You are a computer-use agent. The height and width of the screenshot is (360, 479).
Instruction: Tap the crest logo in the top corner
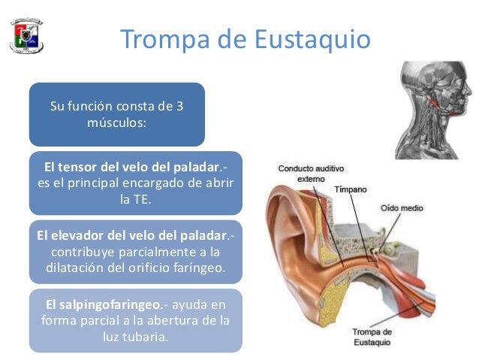[26, 35]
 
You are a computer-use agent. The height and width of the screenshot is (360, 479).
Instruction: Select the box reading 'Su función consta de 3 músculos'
[116, 114]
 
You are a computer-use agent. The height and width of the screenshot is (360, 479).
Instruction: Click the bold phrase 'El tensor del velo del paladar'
[132, 166]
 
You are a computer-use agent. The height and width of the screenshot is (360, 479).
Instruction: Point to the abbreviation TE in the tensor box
[143, 200]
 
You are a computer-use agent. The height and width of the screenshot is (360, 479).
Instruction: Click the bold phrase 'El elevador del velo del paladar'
[132, 234]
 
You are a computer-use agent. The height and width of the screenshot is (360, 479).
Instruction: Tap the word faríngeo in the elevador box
[198, 268]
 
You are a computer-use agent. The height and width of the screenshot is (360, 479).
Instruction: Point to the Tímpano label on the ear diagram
[351, 189]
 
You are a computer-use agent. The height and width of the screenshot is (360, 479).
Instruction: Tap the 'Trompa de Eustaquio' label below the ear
[373, 336]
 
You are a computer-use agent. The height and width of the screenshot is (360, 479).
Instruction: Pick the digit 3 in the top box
[179, 106]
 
